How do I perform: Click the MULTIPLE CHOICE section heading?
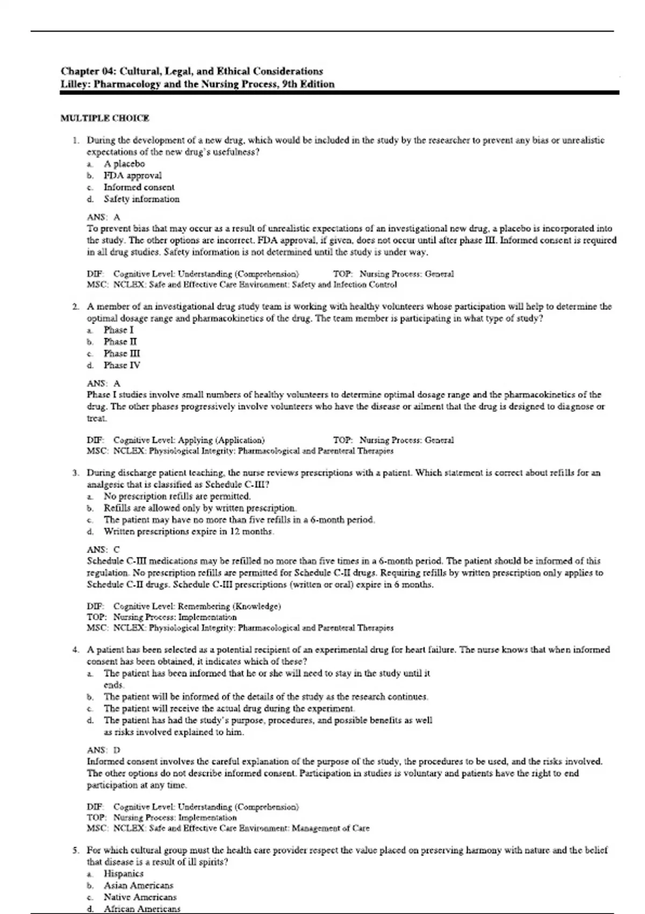pyautogui.click(x=105, y=118)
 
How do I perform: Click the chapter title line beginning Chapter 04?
pyautogui.click(x=191, y=71)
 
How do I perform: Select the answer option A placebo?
pyautogui.click(x=124, y=164)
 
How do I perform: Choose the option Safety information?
pyautogui.click(x=141, y=199)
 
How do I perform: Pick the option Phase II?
pyautogui.click(x=120, y=342)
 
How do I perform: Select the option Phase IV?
pyautogui.click(x=122, y=366)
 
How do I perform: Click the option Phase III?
pyautogui.click(x=122, y=354)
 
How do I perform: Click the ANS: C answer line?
pyautogui.click(x=103, y=549)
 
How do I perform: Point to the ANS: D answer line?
pyautogui.click(x=103, y=750)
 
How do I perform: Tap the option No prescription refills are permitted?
pyautogui.click(x=177, y=496)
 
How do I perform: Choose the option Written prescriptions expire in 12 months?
pyautogui.click(x=189, y=532)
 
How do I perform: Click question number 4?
pyautogui.click(x=76, y=650)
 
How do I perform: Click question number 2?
pyautogui.click(x=76, y=307)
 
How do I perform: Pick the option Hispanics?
pyautogui.click(x=124, y=874)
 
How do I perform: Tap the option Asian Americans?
pyautogui.click(x=138, y=886)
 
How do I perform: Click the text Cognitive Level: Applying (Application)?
pyautogui.click(x=189, y=440)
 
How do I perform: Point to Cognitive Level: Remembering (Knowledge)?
pyautogui.click(x=197, y=606)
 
